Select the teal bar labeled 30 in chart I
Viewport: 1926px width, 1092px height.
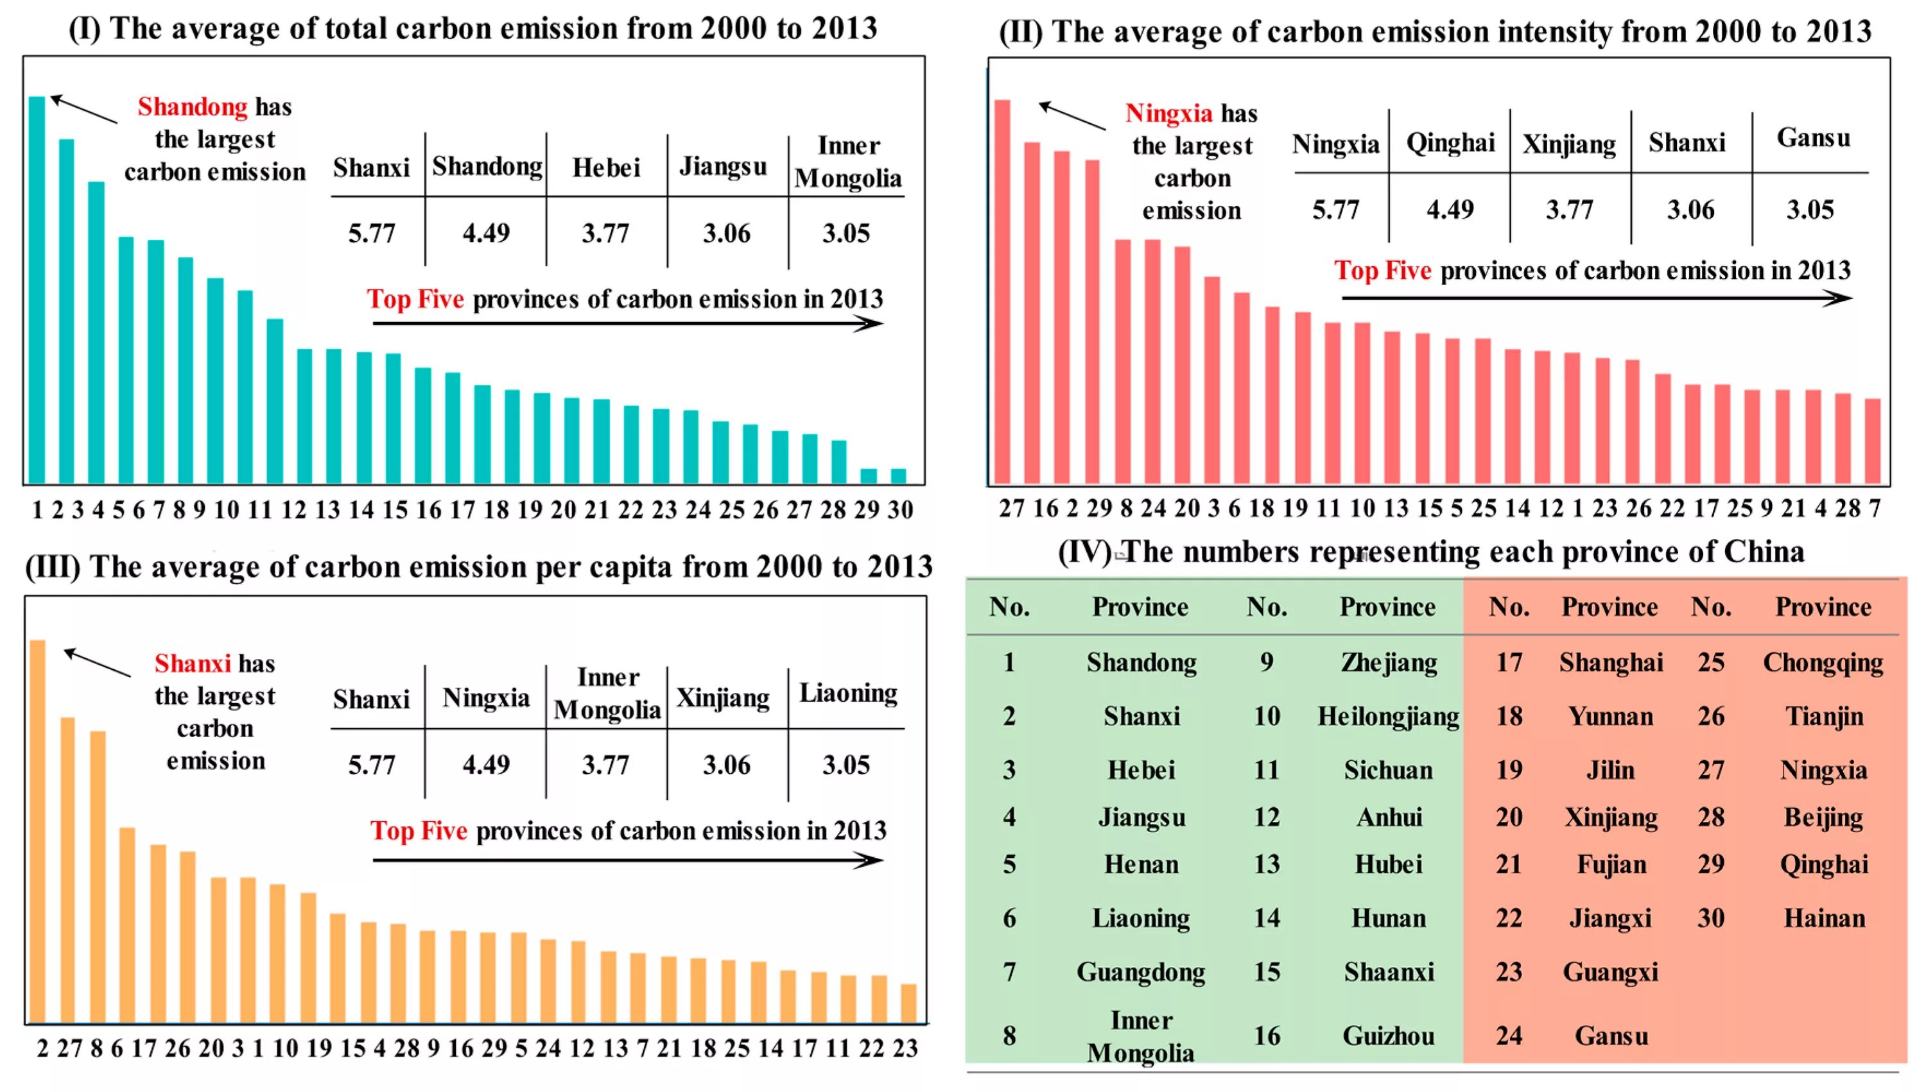point(898,476)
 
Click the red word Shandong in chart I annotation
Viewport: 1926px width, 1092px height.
point(192,107)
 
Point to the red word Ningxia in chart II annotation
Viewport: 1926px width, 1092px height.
point(1168,114)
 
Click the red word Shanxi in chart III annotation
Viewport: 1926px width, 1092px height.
point(192,664)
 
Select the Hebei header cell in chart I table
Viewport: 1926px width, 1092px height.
point(606,167)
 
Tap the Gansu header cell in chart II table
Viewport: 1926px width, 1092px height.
point(1813,138)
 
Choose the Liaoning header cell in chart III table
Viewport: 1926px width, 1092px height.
point(848,693)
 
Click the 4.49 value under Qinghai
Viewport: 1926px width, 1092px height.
point(1450,209)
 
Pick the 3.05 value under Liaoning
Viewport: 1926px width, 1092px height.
point(846,765)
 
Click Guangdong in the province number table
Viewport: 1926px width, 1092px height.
point(1140,972)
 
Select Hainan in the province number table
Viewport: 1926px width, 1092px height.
point(1824,918)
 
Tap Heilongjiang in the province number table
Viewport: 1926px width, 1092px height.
point(1388,716)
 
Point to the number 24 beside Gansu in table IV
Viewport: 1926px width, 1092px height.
point(1509,1036)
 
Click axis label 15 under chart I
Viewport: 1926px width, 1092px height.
point(395,510)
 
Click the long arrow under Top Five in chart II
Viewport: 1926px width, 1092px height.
point(1596,298)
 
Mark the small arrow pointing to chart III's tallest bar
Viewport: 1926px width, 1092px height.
point(97,663)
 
